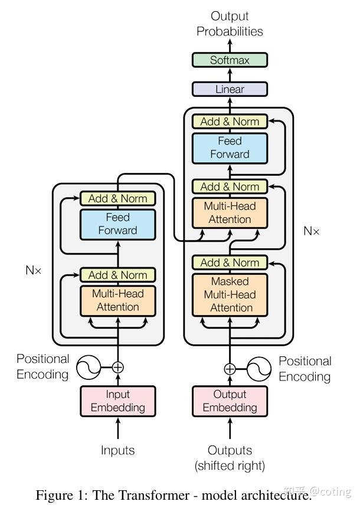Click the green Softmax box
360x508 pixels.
(230, 60)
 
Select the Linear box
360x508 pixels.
(230, 89)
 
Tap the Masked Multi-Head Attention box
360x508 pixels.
(230, 295)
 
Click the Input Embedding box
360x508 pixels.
(118, 401)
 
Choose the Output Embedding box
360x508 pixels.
(230, 401)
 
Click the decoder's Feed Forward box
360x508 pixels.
(230, 148)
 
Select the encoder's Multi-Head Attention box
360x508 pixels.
(118, 301)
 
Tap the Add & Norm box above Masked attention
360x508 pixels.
(230, 263)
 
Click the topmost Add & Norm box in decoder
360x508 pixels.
(230, 122)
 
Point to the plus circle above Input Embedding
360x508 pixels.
(118, 368)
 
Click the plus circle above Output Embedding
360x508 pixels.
(230, 369)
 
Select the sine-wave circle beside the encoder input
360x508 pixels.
(89, 368)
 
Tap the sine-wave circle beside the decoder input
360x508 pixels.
(259, 369)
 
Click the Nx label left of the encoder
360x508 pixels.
(34, 270)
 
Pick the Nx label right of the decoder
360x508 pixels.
(312, 231)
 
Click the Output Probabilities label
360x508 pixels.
(230, 24)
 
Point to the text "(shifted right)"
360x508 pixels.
(230, 466)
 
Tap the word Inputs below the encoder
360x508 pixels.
(118, 450)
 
